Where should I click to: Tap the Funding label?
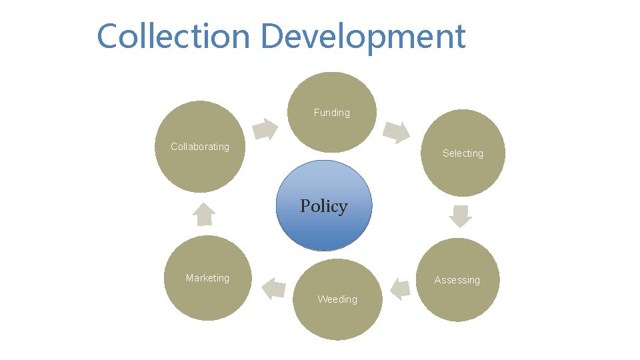(331, 113)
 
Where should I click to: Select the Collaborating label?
(199, 147)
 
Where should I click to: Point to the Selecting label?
(463, 153)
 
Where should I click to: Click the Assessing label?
(457, 280)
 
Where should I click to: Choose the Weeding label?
(337, 299)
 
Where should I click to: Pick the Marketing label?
(207, 278)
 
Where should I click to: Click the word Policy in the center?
(323, 206)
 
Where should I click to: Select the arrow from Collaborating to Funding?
(266, 129)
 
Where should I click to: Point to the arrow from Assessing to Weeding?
(399, 289)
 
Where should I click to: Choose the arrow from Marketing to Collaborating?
(204, 214)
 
